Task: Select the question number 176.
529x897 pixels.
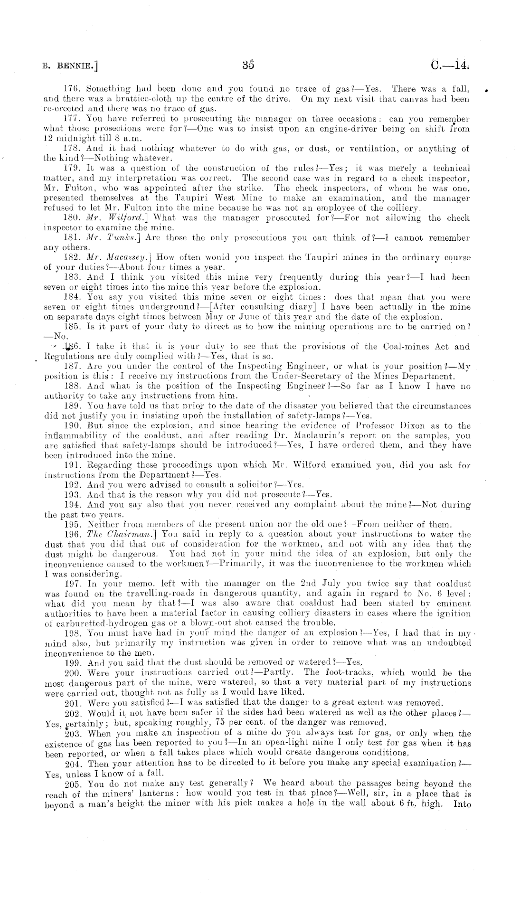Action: click(x=71, y=89)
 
